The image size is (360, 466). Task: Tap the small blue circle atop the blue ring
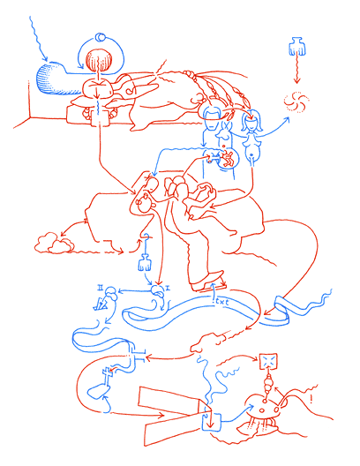click(100, 37)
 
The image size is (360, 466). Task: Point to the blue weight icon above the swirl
click(295, 47)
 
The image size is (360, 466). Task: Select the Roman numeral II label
click(101, 287)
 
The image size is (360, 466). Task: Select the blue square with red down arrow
click(212, 422)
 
